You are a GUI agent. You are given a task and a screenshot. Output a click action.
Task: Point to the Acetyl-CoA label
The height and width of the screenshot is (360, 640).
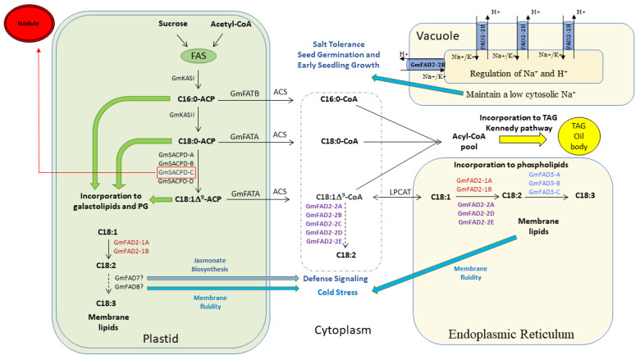(x=223, y=25)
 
